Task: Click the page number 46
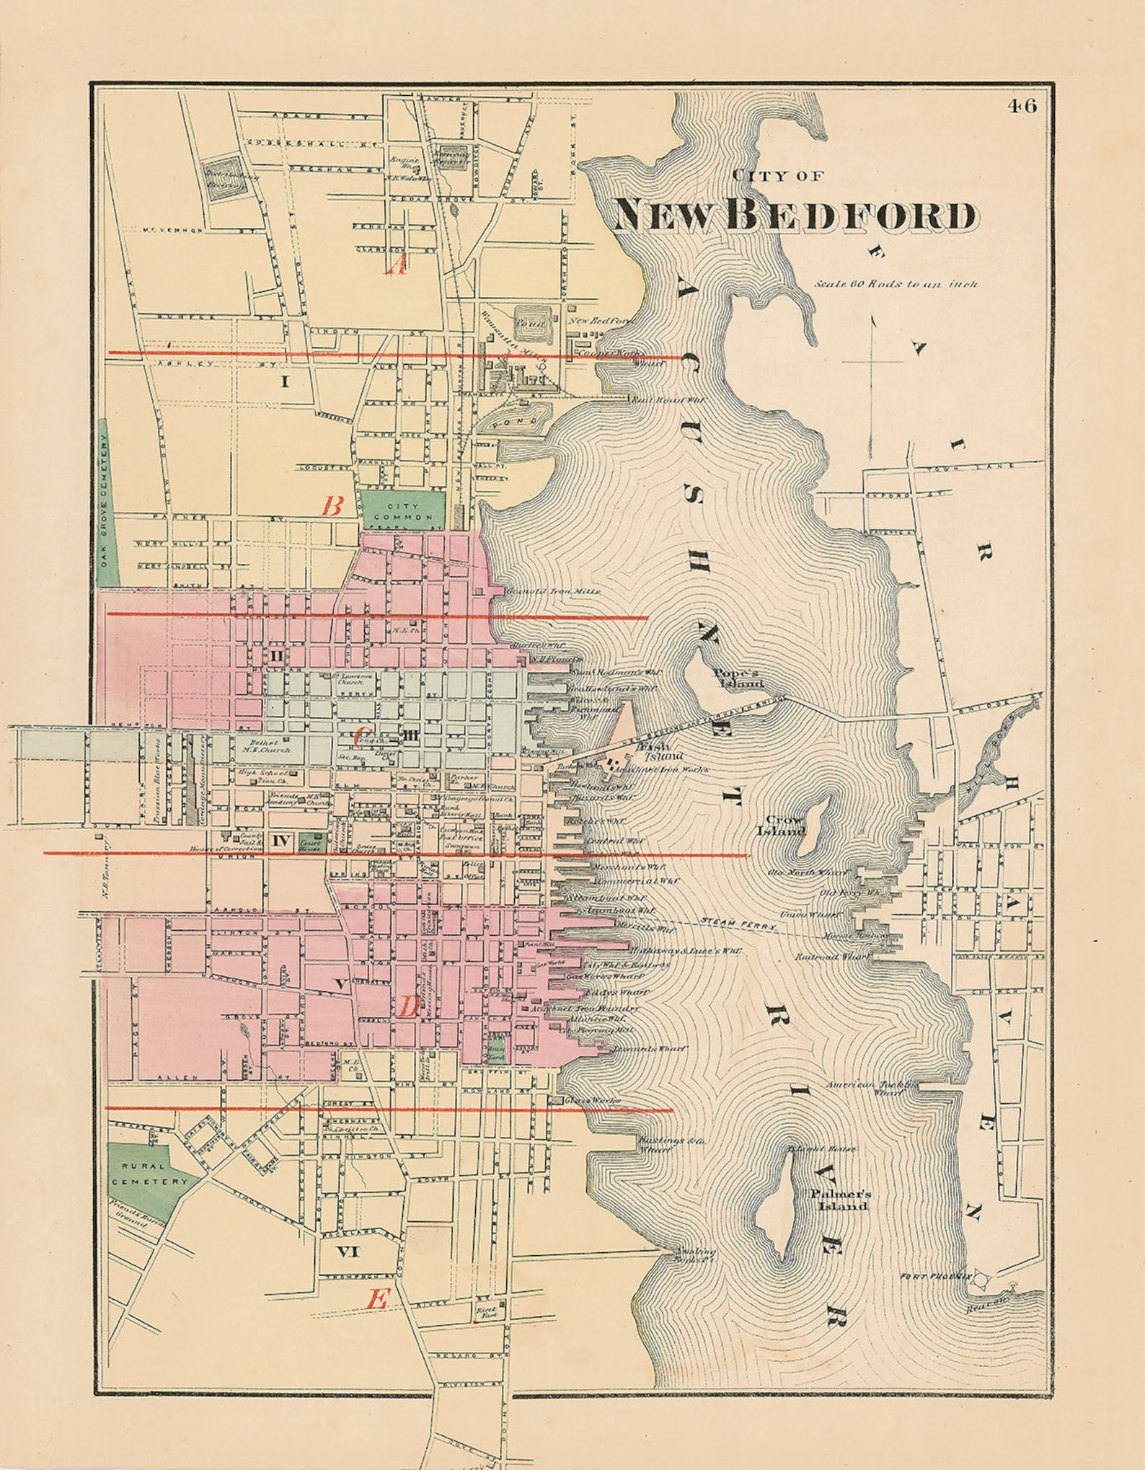pyautogui.click(x=1022, y=106)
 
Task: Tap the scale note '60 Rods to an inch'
pyautogui.click(x=896, y=284)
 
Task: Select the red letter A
pyautogui.click(x=397, y=267)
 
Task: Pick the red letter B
pyautogui.click(x=331, y=506)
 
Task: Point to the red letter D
pyautogui.click(x=408, y=1006)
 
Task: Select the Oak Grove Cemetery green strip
pyautogui.click(x=103, y=502)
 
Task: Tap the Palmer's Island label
pyautogui.click(x=839, y=1200)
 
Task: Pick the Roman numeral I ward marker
pyautogui.click(x=284, y=381)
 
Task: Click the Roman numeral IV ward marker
pyautogui.click(x=281, y=840)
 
